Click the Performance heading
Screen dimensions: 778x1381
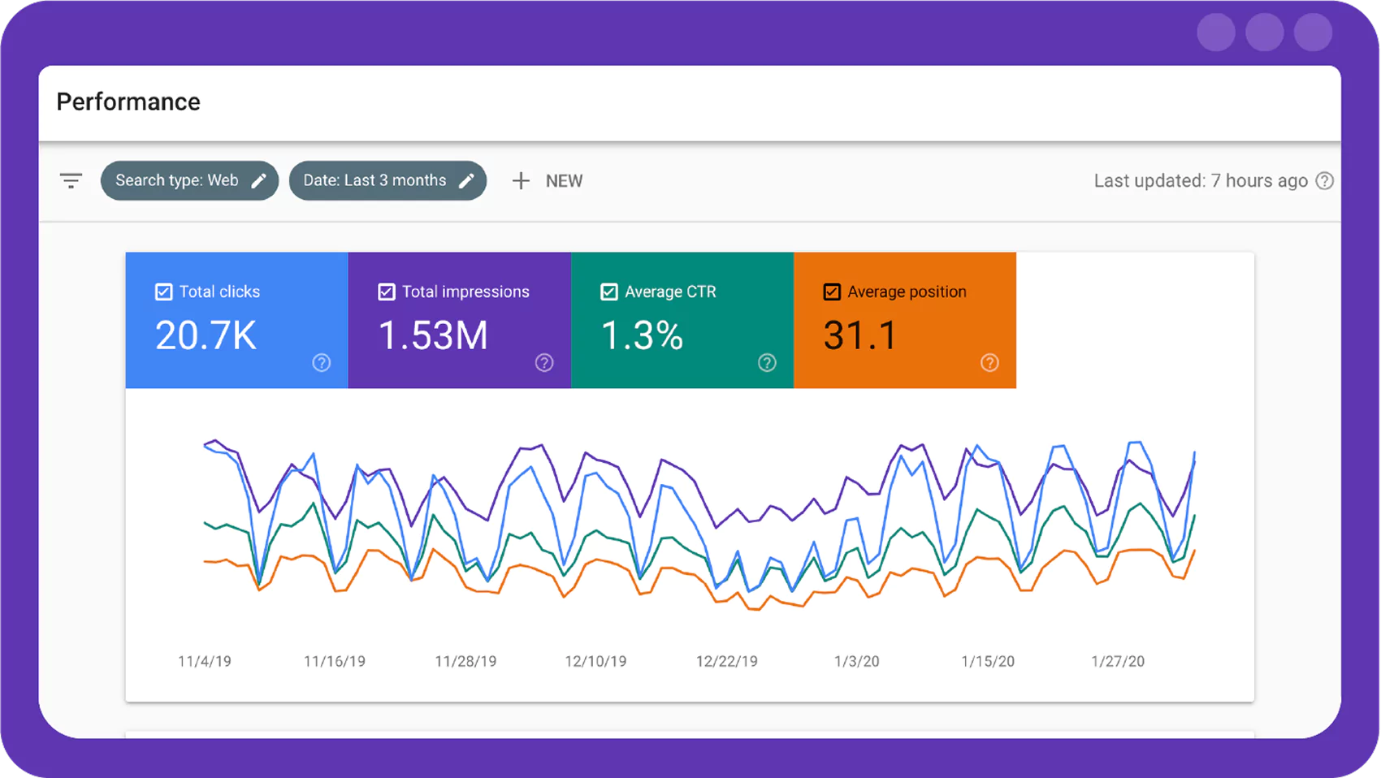(128, 102)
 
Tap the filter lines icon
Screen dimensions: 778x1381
(71, 180)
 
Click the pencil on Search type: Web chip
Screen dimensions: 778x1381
(258, 181)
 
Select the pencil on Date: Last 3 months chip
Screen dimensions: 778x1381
(466, 181)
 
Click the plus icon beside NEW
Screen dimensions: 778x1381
(521, 181)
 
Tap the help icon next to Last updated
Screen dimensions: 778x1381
(1325, 181)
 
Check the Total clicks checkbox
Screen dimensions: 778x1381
(164, 292)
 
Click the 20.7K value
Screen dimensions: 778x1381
(206, 335)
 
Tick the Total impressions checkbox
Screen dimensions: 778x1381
(387, 292)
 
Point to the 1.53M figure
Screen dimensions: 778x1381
(433, 335)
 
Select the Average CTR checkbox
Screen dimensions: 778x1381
(609, 292)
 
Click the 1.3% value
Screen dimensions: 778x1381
(642, 335)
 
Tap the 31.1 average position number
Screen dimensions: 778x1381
(859, 335)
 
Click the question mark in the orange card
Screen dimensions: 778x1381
(989, 363)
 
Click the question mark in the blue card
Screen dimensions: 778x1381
(322, 363)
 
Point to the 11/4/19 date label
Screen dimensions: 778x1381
(205, 662)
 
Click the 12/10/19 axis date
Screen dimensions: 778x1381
(595, 662)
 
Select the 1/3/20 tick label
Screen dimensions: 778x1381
(856, 662)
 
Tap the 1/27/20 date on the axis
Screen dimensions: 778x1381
(1118, 662)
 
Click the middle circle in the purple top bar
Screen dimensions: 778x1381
(1264, 33)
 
